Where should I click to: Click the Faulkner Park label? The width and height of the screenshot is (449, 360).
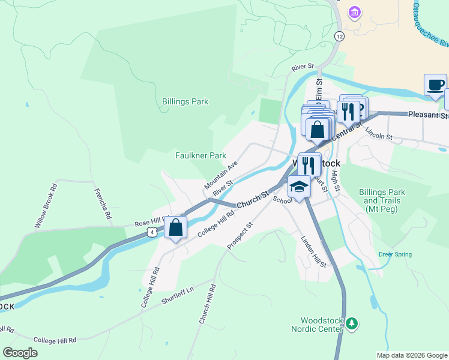click(x=200, y=155)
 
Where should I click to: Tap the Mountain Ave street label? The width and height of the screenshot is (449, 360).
click(x=221, y=173)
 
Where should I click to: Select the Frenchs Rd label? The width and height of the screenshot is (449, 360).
click(x=103, y=203)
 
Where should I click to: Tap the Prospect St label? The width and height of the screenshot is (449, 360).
click(x=240, y=235)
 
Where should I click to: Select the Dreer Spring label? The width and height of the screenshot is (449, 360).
click(x=395, y=254)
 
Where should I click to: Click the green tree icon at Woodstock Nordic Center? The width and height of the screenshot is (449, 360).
click(x=352, y=324)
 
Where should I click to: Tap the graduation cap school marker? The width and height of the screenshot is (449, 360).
click(x=299, y=187)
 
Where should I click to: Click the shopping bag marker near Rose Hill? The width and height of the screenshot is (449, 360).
click(x=175, y=227)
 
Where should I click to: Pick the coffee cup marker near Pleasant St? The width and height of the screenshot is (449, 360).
click(x=435, y=85)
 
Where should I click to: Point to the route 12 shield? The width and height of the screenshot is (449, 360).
click(x=340, y=37)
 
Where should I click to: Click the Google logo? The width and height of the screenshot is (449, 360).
click(x=20, y=353)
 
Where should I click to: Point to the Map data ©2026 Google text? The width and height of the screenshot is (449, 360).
click(x=411, y=355)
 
